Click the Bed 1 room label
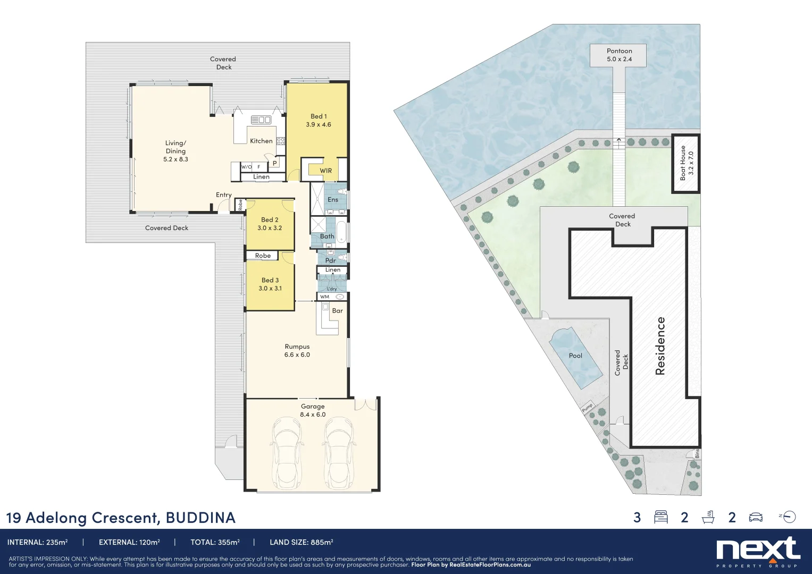click(x=319, y=116)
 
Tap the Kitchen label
click(x=261, y=141)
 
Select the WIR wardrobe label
click(x=325, y=171)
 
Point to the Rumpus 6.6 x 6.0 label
click(x=297, y=351)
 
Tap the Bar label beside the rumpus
click(x=337, y=311)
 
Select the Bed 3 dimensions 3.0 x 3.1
click(x=270, y=289)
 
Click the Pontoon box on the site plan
click(x=619, y=55)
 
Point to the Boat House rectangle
click(x=686, y=163)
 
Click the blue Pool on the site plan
click(x=575, y=356)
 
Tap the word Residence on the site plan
click(x=660, y=346)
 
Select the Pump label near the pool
click(x=587, y=408)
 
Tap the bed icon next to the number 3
click(x=660, y=517)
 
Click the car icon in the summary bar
click(x=756, y=517)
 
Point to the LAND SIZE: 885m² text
click(x=301, y=542)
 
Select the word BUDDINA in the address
click(x=200, y=518)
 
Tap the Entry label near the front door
click(x=223, y=195)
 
